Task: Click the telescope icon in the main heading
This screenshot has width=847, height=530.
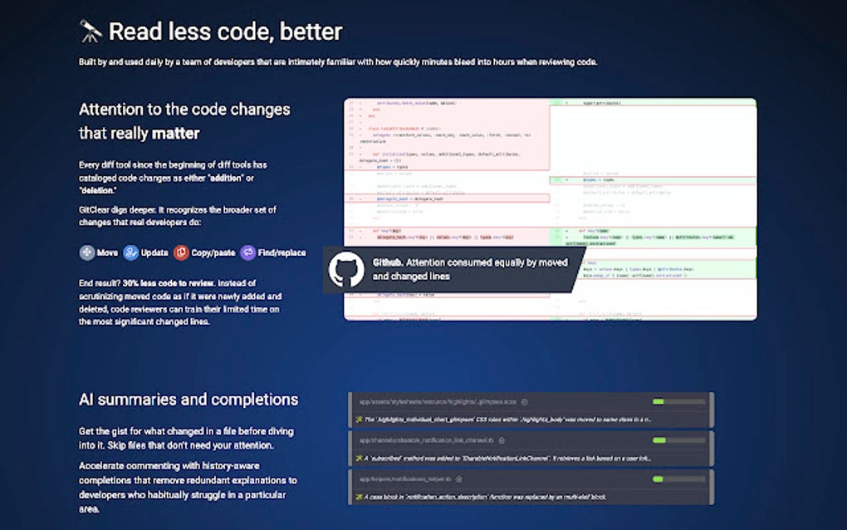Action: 91,32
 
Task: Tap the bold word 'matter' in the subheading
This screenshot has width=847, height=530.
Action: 175,133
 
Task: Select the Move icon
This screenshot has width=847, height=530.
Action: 87,253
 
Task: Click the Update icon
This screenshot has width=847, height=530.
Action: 131,253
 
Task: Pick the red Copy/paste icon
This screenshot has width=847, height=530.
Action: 182,253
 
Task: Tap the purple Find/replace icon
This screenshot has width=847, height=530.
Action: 248,253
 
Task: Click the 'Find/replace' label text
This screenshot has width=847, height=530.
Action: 282,253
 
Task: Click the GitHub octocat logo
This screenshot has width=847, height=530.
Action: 346,269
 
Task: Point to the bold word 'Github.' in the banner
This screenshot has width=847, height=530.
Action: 389,263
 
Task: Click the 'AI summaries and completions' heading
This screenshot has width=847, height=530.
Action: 188,400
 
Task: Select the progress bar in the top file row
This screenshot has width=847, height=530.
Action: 678,401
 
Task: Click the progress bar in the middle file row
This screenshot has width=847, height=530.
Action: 678,440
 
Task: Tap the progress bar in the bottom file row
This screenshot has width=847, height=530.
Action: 678,478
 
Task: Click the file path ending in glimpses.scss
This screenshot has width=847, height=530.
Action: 438,402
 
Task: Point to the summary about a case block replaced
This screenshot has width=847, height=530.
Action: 490,497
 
